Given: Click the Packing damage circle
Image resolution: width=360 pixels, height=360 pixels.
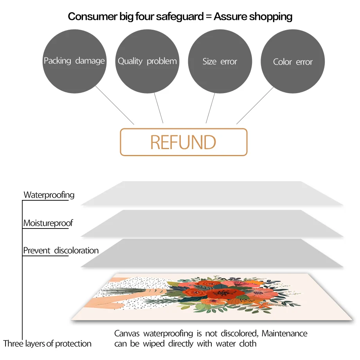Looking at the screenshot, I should click(x=74, y=61).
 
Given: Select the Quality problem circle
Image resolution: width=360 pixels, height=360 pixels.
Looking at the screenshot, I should click(x=147, y=61).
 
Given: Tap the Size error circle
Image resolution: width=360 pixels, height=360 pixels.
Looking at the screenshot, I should click(x=220, y=61).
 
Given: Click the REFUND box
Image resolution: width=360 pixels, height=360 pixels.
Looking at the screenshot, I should click(x=184, y=142).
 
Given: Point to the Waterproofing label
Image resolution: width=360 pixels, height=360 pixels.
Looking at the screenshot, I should click(x=49, y=195).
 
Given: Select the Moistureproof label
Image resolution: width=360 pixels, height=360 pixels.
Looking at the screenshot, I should click(x=48, y=223).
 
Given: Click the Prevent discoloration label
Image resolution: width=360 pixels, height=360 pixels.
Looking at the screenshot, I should click(x=61, y=250).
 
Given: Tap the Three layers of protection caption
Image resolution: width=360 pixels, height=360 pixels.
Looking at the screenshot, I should click(x=47, y=344).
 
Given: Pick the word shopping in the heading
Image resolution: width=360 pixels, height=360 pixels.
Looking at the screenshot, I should click(x=270, y=16).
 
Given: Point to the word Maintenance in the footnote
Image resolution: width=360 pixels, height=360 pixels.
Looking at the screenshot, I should click(x=284, y=334).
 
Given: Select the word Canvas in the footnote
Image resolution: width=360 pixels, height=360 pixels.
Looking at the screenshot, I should click(x=127, y=334).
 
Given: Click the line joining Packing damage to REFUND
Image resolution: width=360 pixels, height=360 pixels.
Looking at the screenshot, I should click(x=115, y=105).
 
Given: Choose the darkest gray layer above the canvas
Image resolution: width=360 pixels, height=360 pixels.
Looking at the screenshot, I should click(x=212, y=253).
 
